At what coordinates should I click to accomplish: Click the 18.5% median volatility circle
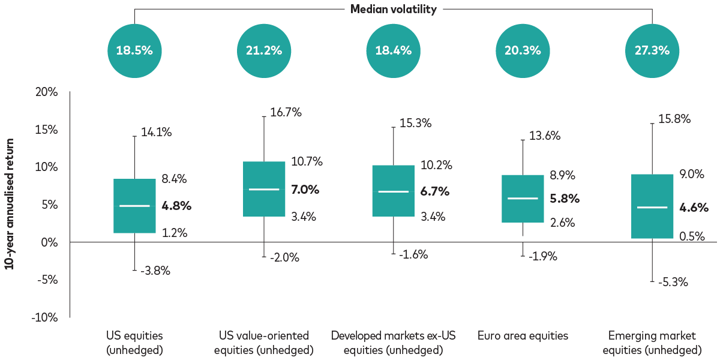[x=134, y=50]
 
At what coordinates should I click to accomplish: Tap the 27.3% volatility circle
[x=652, y=50]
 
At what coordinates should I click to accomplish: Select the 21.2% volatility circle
[x=264, y=50]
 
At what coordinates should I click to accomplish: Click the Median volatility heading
[x=393, y=9]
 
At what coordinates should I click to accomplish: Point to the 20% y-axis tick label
[x=46, y=92]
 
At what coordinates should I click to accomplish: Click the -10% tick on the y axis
[x=44, y=317]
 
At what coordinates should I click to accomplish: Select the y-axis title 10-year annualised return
[x=10, y=205]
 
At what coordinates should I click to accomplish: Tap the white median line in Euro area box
[x=523, y=198]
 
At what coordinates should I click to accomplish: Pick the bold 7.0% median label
[x=305, y=190]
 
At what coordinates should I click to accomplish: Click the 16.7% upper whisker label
[x=286, y=112]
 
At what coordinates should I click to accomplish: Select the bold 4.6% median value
[x=694, y=208]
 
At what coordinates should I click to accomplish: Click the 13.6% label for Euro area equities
[x=545, y=136]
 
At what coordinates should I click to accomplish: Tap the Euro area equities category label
[x=523, y=336]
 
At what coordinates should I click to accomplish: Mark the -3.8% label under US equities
[x=156, y=271]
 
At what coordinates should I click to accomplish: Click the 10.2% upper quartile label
[x=437, y=165]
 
